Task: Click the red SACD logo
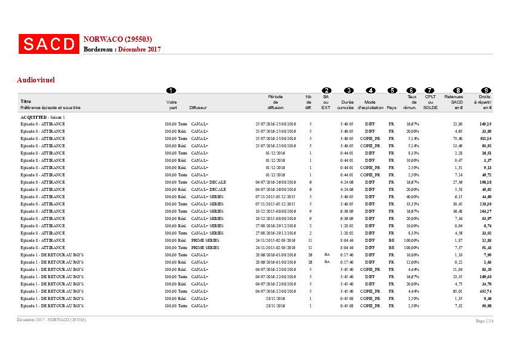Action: pos(49,44)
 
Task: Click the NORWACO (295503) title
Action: pos(118,39)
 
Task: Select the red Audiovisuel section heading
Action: pos(36,79)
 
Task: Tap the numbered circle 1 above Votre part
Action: pos(171,90)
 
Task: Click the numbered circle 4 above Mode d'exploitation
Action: pos(371,90)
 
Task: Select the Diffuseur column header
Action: pos(197,107)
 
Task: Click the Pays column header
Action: pos(391,107)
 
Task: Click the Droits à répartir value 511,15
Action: pos(485,138)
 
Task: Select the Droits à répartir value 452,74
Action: pos(485,291)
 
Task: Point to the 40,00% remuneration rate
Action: pos(412,196)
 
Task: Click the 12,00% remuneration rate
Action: pos(412,262)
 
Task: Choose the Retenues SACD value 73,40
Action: pos(457,138)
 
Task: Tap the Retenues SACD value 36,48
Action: pos(457,211)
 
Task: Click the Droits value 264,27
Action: pos(485,211)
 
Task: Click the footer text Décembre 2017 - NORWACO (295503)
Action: pos(51,319)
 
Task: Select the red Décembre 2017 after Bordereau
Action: pos(139,49)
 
